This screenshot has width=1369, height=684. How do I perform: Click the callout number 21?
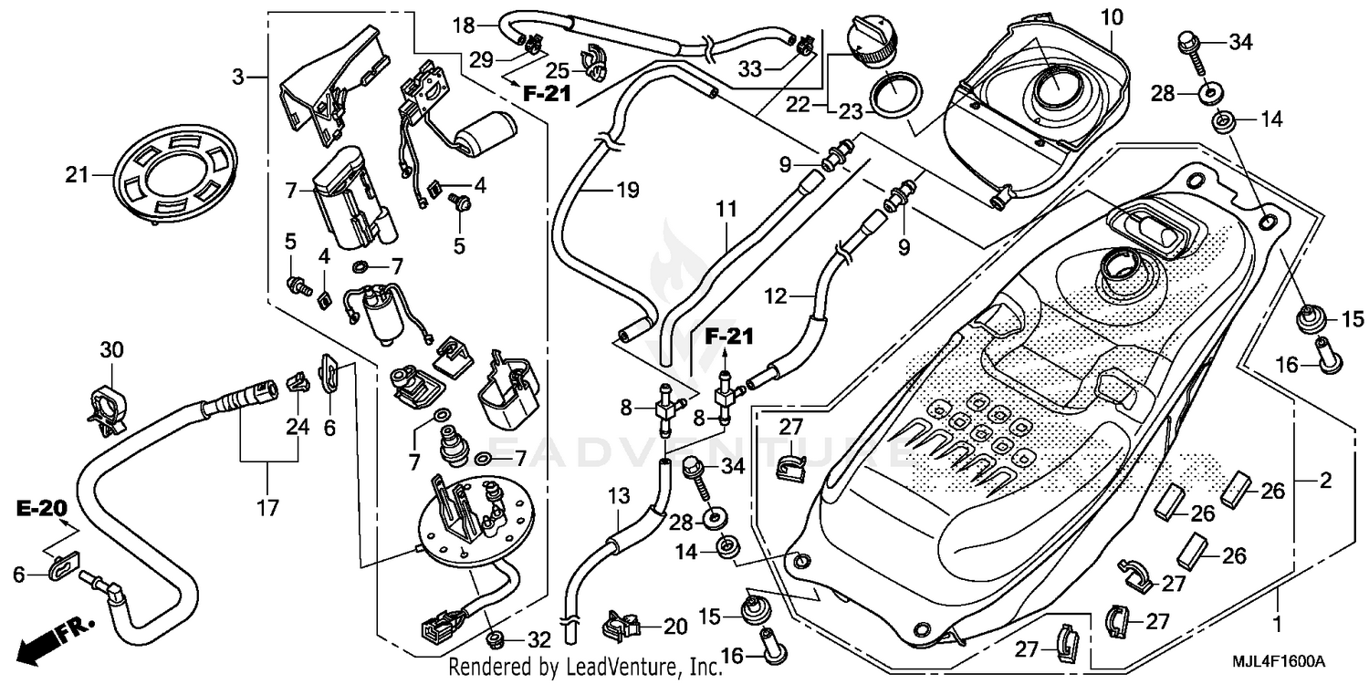[78, 174]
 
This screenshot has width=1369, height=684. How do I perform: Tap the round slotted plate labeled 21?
[165, 173]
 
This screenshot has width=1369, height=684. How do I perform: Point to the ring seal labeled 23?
[895, 94]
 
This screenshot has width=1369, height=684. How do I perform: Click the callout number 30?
[110, 350]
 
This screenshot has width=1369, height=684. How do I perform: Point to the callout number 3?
[238, 78]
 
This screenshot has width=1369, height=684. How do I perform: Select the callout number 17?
[268, 506]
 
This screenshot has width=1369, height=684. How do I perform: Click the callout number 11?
[726, 210]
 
